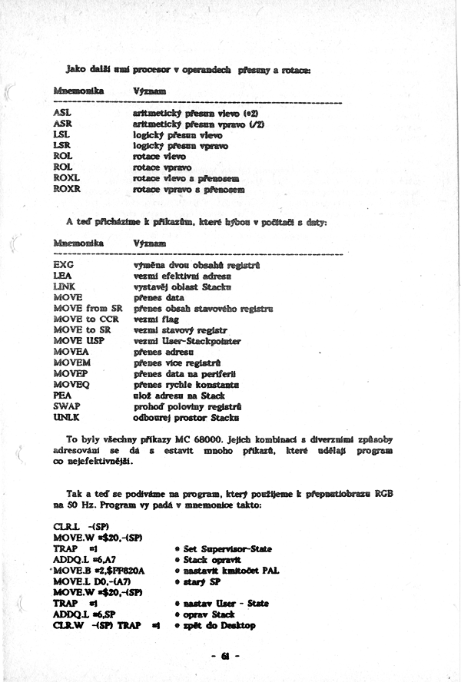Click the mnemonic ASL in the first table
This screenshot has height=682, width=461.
(62, 112)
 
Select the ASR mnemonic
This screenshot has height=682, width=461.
(62, 123)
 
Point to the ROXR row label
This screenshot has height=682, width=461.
(67, 188)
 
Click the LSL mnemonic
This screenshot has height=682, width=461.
(61, 134)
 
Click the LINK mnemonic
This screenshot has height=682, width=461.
(65, 286)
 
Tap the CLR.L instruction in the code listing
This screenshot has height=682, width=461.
(65, 527)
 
